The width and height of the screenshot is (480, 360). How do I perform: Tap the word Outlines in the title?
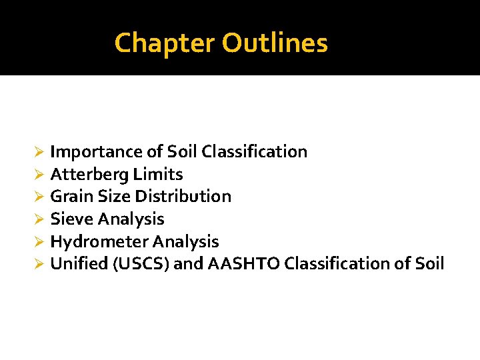coord(275,43)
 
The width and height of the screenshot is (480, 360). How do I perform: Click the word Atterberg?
coord(89,175)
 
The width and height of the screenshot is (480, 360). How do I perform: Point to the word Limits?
coord(158,175)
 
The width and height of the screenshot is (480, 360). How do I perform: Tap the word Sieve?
coord(71,219)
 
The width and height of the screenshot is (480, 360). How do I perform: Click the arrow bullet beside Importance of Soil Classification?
coord(39,153)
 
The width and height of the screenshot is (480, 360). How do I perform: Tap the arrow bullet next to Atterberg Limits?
coord(39,175)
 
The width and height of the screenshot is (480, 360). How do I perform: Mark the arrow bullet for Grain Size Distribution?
coord(39,197)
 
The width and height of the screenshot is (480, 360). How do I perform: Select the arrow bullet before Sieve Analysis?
coord(39,220)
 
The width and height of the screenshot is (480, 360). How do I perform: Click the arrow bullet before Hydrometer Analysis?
coord(39,242)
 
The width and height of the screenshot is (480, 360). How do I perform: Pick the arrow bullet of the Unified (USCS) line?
coord(39,265)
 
